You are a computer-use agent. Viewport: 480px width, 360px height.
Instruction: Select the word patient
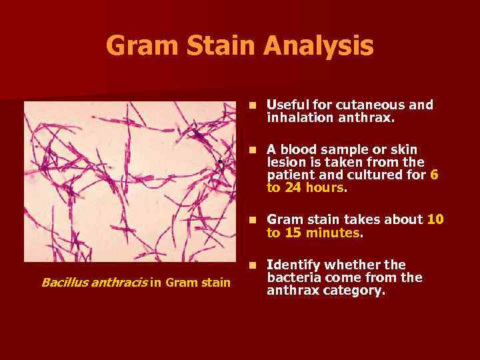coord(288,175)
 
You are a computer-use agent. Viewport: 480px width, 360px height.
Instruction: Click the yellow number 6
coord(434,175)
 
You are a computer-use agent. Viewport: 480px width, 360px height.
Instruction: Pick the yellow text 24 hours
coord(313,188)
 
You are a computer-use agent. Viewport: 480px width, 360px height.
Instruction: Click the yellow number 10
coord(435,219)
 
